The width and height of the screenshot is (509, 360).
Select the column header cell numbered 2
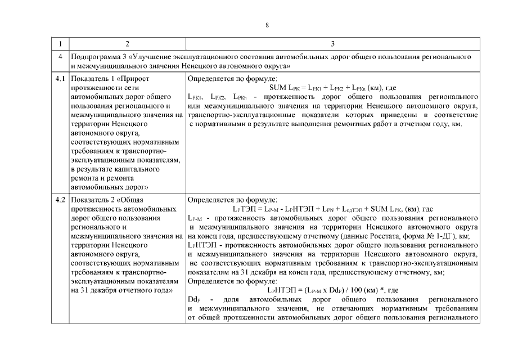127,44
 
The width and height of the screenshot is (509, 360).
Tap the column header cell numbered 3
332,44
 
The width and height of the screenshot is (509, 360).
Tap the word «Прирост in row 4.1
134,79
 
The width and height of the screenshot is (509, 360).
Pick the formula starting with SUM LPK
332,88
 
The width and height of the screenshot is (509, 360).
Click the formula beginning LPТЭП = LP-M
332,209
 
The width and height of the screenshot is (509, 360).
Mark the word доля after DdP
232,300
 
